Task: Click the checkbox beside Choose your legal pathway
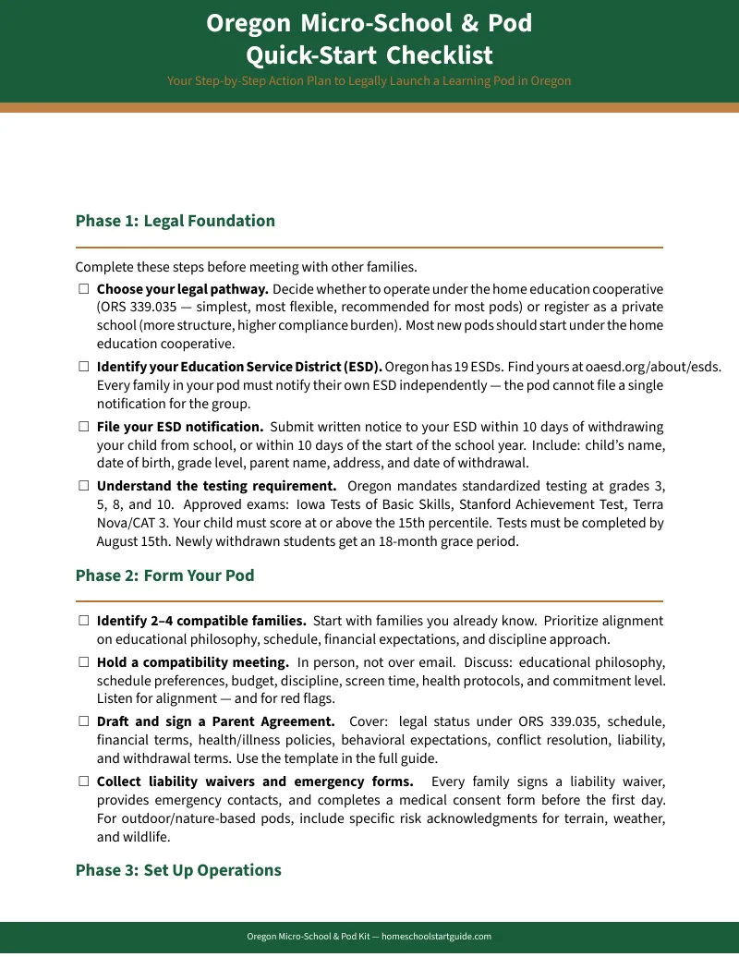point(83,289)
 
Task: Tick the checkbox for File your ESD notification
point(83,427)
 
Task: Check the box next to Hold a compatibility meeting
point(83,662)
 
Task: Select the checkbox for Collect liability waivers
point(83,781)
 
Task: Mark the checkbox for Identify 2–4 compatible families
point(83,621)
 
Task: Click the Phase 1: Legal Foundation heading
point(176,221)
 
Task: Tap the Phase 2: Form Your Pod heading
point(164,575)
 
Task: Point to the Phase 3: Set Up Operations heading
point(178,870)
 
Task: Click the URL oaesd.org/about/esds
point(653,367)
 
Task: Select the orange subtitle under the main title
point(369,81)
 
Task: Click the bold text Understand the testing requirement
point(216,486)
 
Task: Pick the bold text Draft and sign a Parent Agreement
point(216,721)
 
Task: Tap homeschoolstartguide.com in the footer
point(436,937)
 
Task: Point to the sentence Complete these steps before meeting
point(246,268)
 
